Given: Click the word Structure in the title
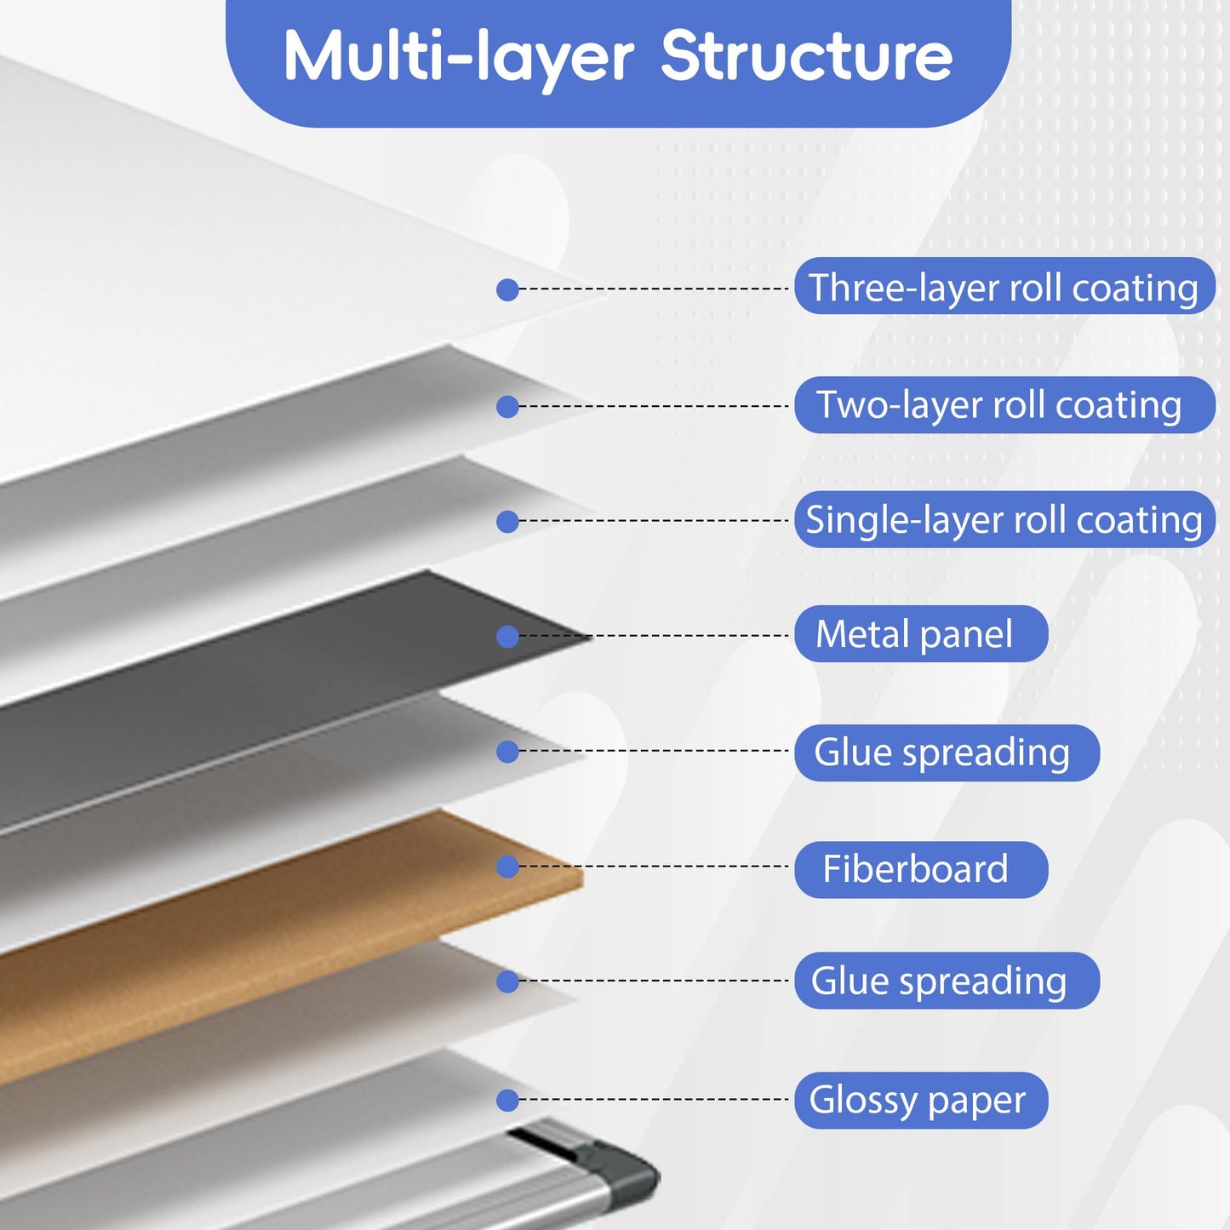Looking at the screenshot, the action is (x=806, y=57).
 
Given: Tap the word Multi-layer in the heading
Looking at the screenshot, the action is (x=458, y=59).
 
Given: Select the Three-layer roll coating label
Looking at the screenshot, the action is (x=1004, y=286).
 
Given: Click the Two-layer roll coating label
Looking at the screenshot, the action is (x=1004, y=405).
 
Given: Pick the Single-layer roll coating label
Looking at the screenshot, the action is (x=1004, y=519).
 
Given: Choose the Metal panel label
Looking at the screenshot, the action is (x=921, y=634).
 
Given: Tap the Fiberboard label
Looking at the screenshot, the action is (x=921, y=869).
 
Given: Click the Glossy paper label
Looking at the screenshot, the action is (x=921, y=1100).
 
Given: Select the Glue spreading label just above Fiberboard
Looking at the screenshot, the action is (x=947, y=752).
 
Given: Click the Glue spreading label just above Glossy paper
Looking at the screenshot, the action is (x=947, y=981).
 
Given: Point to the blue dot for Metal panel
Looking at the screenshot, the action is (x=507, y=637).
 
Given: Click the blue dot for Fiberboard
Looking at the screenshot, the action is (x=507, y=867).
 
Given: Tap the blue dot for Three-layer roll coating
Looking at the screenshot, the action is (x=507, y=289).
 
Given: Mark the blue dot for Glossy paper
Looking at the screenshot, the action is (x=507, y=1100).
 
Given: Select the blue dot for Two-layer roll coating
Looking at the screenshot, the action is (x=507, y=407).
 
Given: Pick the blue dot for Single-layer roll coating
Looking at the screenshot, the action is (x=507, y=522).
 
